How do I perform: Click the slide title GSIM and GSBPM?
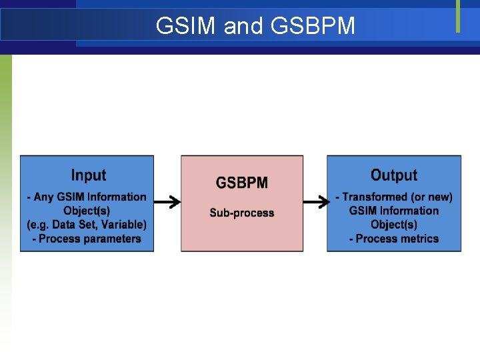point(255,26)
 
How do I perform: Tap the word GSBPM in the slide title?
point(313,26)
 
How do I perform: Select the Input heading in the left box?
point(88,175)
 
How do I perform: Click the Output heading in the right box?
point(393,175)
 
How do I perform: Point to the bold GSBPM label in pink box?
point(241,183)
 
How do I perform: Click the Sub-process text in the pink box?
point(241,213)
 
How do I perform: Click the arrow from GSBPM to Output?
point(315,202)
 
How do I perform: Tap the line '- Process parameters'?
point(87,239)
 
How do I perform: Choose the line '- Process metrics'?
point(393,239)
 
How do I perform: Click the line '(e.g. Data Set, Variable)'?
point(87,225)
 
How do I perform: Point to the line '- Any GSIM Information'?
point(87,197)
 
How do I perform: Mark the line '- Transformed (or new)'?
point(393,197)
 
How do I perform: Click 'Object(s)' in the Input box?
point(87,211)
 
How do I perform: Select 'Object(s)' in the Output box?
point(393,225)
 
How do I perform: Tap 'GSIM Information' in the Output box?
point(393,211)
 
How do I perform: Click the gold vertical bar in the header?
point(458,16)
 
